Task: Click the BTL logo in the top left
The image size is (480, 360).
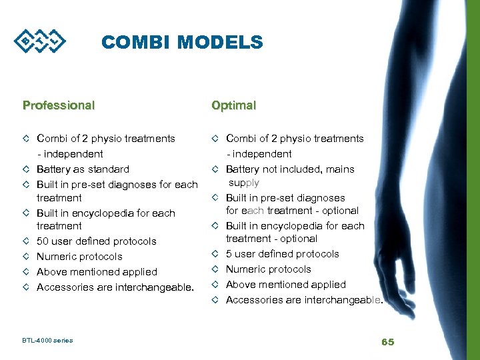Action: click(41, 43)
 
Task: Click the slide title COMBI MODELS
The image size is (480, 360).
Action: click(182, 43)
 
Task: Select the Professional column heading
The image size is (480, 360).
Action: click(59, 105)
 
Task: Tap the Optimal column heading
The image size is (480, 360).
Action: click(233, 105)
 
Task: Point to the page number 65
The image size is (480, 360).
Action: click(387, 341)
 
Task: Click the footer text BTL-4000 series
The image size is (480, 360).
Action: click(48, 341)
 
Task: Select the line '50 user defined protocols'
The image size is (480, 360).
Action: click(97, 241)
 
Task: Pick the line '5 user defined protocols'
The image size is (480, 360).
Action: click(282, 254)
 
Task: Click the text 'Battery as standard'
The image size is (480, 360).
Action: click(83, 169)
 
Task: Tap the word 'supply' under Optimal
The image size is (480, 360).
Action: click(244, 183)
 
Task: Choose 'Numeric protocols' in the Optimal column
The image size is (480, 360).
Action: click(268, 269)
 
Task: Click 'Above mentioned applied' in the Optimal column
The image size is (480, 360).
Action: click(285, 285)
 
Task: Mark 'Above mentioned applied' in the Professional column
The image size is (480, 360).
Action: click(97, 272)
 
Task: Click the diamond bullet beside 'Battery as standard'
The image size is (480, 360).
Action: click(26, 169)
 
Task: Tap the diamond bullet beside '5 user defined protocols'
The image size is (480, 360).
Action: click(215, 254)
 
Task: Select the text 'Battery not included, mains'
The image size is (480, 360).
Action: click(290, 169)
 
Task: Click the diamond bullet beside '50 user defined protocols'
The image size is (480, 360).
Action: click(26, 241)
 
